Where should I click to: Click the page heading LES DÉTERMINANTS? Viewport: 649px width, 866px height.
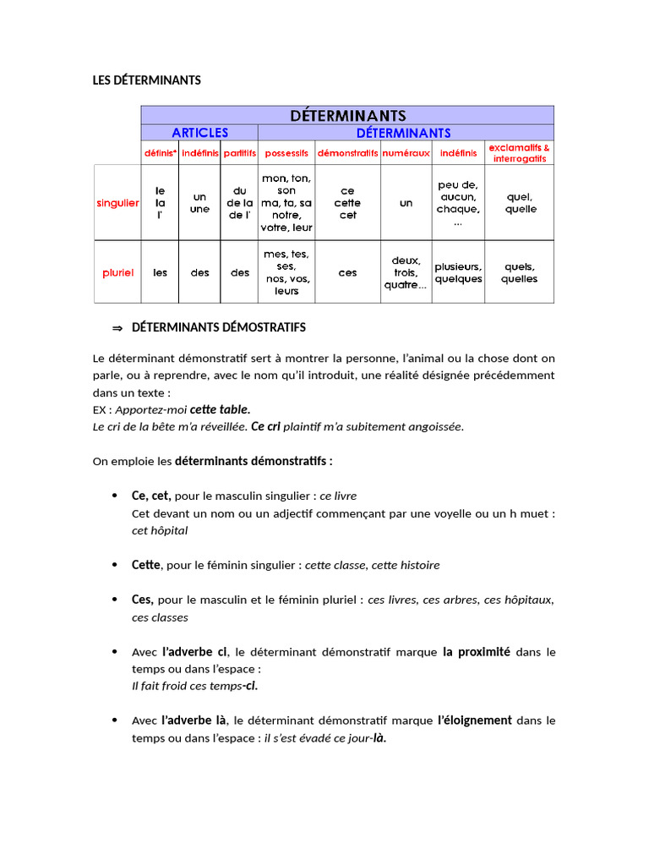click(146, 80)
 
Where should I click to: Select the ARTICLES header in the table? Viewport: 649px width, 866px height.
click(199, 133)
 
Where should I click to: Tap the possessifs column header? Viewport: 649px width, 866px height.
click(286, 153)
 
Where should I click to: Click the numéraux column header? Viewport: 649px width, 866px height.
click(406, 153)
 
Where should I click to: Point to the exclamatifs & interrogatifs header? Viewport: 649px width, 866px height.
click(519, 153)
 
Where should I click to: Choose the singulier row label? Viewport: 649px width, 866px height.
click(117, 203)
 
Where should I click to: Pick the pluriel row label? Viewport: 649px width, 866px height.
click(117, 272)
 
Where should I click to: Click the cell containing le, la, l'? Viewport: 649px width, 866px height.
click(160, 203)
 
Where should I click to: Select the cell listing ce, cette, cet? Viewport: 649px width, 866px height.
click(347, 203)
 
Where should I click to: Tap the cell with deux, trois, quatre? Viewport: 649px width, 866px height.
click(406, 272)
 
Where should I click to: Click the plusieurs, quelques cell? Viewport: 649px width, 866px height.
click(458, 272)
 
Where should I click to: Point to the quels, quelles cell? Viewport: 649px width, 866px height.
click(519, 272)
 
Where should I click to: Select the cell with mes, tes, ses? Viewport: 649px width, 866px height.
click(286, 272)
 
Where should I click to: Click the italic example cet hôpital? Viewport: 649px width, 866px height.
click(160, 530)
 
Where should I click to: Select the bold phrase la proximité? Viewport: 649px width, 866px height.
click(476, 652)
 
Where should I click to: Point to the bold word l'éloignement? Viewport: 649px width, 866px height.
click(474, 721)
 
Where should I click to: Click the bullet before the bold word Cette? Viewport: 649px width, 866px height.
click(114, 565)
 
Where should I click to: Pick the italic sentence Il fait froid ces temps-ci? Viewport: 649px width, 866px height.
click(194, 686)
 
